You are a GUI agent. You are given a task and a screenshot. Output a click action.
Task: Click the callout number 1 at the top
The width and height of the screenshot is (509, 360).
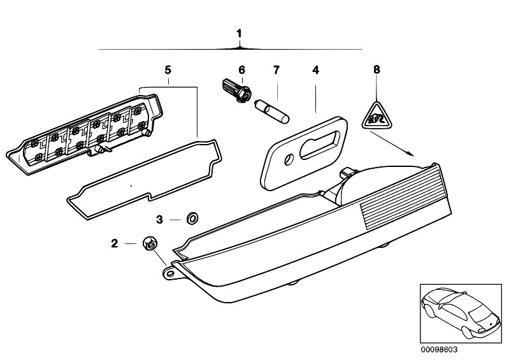tap(240, 33)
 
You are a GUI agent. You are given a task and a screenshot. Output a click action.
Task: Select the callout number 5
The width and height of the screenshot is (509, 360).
tap(168, 70)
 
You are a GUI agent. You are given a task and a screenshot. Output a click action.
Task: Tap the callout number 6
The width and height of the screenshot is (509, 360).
tap(242, 70)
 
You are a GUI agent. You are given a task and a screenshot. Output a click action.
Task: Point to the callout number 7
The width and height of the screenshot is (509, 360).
tap(276, 70)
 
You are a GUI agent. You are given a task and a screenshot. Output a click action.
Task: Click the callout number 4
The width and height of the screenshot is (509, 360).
tap(315, 70)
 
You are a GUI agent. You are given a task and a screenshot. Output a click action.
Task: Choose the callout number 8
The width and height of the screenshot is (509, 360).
tap(376, 69)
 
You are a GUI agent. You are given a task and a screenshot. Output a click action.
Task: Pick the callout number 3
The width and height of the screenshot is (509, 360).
tap(159, 219)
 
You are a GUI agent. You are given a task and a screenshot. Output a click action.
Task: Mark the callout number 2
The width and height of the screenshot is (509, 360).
tap(115, 243)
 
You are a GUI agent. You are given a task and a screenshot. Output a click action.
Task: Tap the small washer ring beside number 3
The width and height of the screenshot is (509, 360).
tap(192, 218)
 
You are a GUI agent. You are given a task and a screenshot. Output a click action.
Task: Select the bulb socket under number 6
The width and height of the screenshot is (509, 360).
tap(237, 90)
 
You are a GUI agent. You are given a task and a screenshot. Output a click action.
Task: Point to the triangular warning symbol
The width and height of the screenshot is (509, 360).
tap(376, 116)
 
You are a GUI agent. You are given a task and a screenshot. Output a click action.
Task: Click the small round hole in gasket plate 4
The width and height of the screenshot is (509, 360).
tap(289, 159)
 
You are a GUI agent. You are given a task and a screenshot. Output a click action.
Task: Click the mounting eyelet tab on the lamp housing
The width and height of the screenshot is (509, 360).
tap(170, 273)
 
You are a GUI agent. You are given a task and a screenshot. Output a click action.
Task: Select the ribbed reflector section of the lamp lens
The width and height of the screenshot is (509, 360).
tap(403, 199)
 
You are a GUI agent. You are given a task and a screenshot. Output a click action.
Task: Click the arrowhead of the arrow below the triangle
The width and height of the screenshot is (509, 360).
tap(411, 154)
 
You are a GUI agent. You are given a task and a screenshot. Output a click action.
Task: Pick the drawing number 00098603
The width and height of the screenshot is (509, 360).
tap(439, 350)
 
